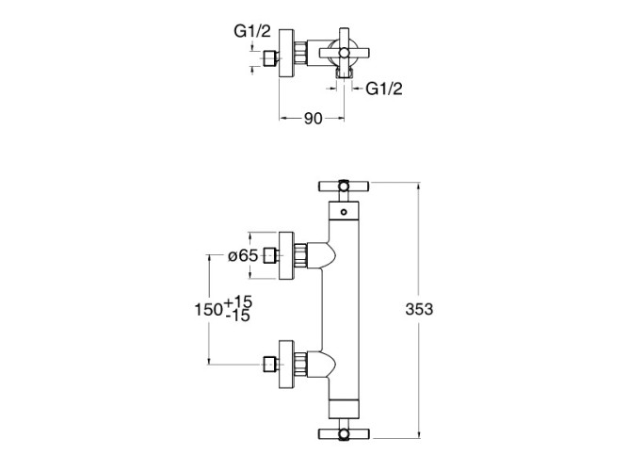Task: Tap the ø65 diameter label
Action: pos(243,255)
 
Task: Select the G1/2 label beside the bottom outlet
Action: pos(383,89)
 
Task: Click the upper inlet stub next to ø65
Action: pos(272,254)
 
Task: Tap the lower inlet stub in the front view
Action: pos(272,364)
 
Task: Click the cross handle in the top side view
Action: pos(343,54)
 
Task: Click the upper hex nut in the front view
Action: pos(303,254)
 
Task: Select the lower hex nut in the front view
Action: pos(303,364)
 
